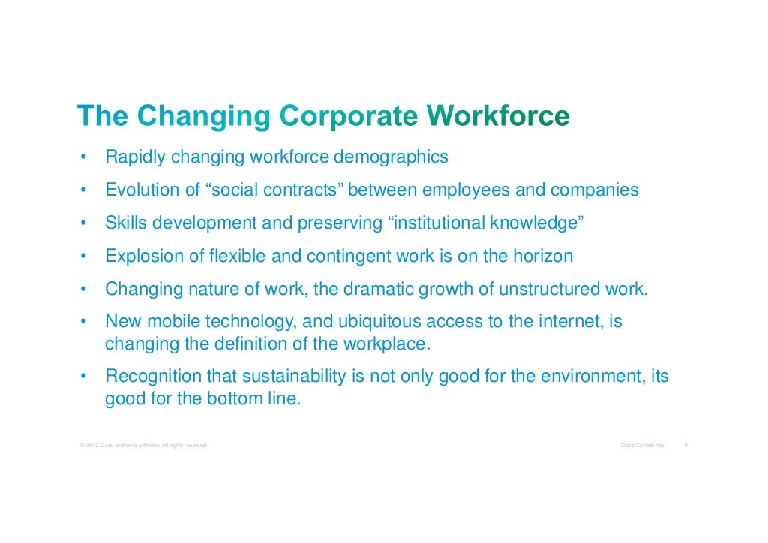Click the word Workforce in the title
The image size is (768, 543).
click(x=498, y=117)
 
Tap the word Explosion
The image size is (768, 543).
click(x=145, y=256)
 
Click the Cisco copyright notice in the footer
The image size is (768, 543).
click(x=142, y=446)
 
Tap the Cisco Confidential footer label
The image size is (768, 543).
click(x=643, y=446)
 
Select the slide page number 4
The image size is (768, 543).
click(x=686, y=445)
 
